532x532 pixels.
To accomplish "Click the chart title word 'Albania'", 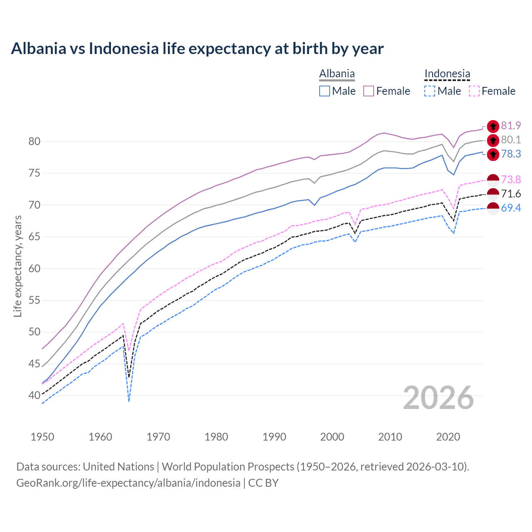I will coord(39,49).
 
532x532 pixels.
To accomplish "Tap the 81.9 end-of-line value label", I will coord(511,126).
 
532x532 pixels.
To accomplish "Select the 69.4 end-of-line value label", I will coord(511,208).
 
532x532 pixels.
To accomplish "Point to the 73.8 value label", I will coord(511,180).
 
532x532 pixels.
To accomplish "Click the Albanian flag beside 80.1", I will coord(493,140).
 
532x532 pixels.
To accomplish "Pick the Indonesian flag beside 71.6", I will coord(493,194).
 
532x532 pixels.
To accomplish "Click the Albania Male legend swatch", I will coord(325,91).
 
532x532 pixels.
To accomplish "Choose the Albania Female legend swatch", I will coord(369,91).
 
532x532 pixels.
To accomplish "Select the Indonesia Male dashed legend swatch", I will coord(430,91).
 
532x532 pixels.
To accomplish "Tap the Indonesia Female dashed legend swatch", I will coord(474,91).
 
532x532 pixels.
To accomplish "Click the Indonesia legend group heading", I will coord(447,74).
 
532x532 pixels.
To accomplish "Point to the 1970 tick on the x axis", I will coord(158,437).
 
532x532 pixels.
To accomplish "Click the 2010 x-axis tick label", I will coord(390,437).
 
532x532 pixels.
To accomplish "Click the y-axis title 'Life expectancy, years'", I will coord(18,266).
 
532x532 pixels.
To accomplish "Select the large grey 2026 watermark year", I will coord(438,398).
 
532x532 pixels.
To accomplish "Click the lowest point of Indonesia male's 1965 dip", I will coord(129,401).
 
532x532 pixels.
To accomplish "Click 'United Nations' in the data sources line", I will coord(118,467).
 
